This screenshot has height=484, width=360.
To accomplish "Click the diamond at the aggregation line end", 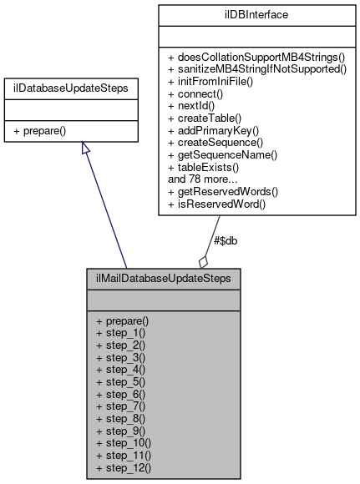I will [x=203, y=261].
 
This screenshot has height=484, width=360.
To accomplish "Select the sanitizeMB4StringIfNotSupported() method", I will [x=256, y=70].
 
